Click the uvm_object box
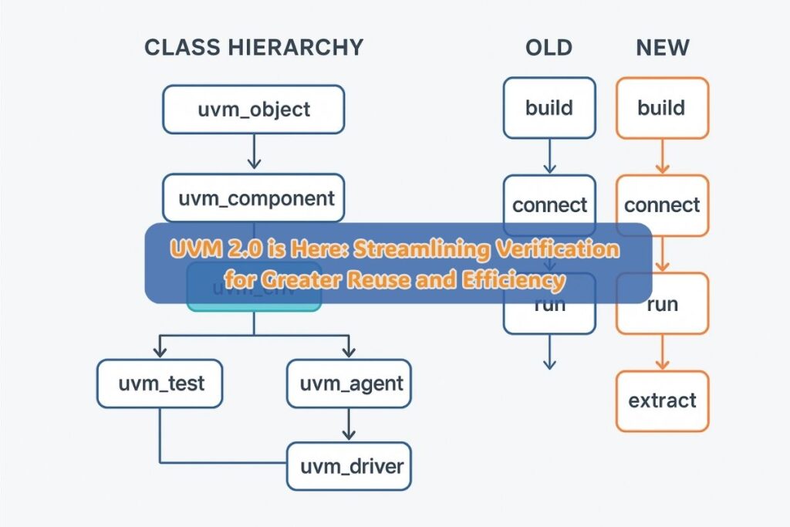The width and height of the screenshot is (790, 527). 254,109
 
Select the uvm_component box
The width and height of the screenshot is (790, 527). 254,198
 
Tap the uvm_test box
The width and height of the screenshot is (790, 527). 160,383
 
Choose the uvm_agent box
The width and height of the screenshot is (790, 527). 349,383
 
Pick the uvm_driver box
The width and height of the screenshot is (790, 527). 349,466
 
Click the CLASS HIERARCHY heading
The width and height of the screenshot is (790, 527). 253,47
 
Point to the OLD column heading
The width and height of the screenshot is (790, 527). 549,47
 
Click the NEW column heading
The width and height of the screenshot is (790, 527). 662,47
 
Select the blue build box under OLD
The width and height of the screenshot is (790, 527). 549,107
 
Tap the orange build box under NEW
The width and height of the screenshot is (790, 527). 662,107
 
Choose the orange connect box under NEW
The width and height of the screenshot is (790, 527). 662,205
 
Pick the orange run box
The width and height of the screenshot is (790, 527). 662,303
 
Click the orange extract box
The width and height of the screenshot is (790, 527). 662,400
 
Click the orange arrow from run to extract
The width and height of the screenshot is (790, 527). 662,352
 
